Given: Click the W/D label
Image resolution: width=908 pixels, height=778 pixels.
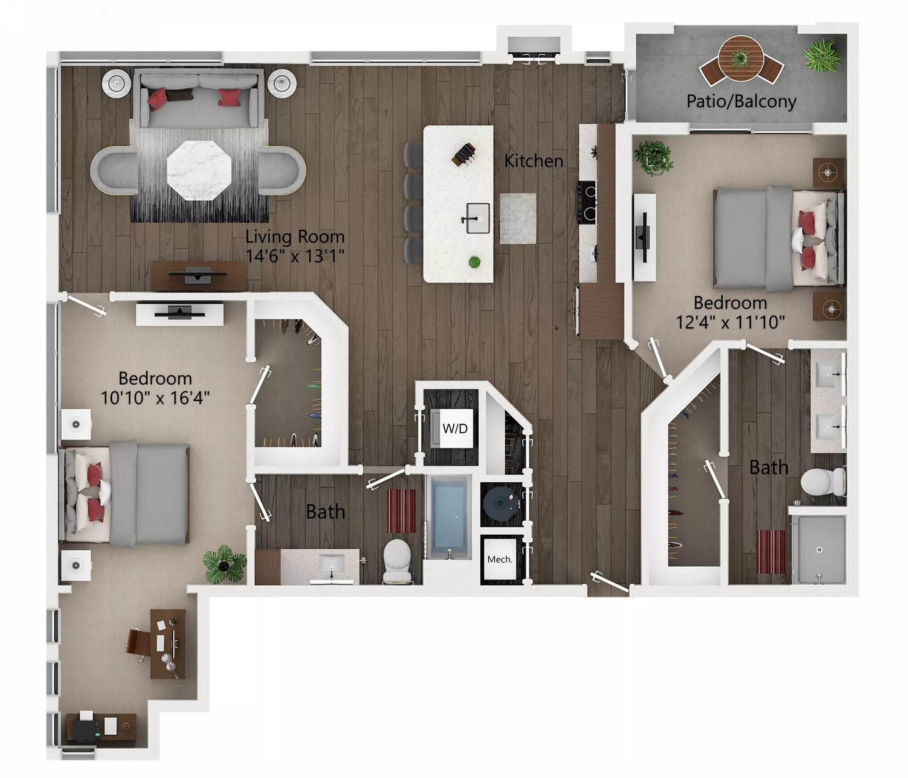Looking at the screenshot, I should [455, 429].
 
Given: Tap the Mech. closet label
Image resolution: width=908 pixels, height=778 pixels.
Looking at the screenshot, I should [500, 559].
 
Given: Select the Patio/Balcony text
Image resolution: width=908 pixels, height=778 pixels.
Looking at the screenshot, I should [741, 101].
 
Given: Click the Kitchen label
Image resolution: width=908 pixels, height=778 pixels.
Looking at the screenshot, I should [533, 161].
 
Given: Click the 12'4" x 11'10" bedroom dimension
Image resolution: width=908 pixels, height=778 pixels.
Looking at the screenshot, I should [730, 323].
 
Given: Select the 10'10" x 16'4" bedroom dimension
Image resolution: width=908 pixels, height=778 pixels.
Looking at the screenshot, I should [155, 398].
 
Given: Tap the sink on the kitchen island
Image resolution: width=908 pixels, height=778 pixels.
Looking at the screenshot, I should [477, 218].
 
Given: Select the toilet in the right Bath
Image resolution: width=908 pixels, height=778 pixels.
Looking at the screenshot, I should [821, 482].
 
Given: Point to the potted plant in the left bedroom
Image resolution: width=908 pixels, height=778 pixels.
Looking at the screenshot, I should [224, 563].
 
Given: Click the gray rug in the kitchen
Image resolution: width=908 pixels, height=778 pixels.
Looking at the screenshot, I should [517, 218].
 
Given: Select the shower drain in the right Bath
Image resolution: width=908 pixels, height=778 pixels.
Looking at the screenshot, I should [819, 550].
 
